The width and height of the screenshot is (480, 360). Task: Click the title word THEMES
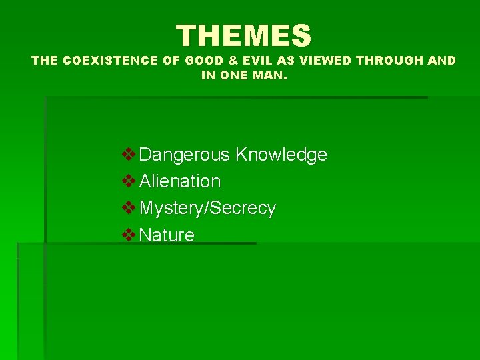point(244,35)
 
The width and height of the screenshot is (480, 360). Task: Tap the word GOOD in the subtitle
point(204,61)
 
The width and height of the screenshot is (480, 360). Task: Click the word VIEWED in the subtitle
point(325,61)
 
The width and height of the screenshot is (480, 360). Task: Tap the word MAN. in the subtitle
point(269,76)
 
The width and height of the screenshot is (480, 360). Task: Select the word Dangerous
point(185,155)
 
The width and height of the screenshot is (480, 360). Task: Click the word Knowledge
point(281,155)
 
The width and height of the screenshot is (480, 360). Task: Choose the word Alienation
point(180,181)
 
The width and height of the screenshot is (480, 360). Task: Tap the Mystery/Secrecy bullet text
point(207,208)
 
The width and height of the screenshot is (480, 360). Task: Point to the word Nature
point(167,235)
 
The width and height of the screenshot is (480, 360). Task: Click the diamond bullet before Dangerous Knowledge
point(129,154)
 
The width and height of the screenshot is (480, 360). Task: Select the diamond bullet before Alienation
point(129,181)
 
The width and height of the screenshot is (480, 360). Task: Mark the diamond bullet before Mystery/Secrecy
point(129,207)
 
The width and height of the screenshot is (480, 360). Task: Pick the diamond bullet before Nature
point(129,234)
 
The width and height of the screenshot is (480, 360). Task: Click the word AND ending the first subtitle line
point(442,61)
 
